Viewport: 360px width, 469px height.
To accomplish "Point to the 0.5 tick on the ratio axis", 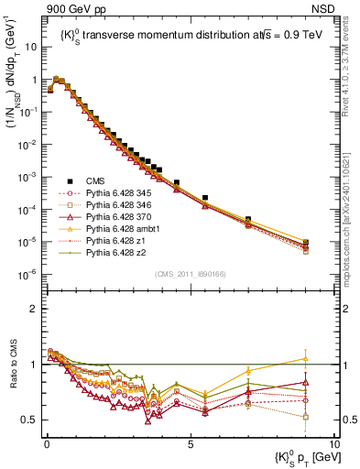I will pyautogui.click(x=31, y=420).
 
